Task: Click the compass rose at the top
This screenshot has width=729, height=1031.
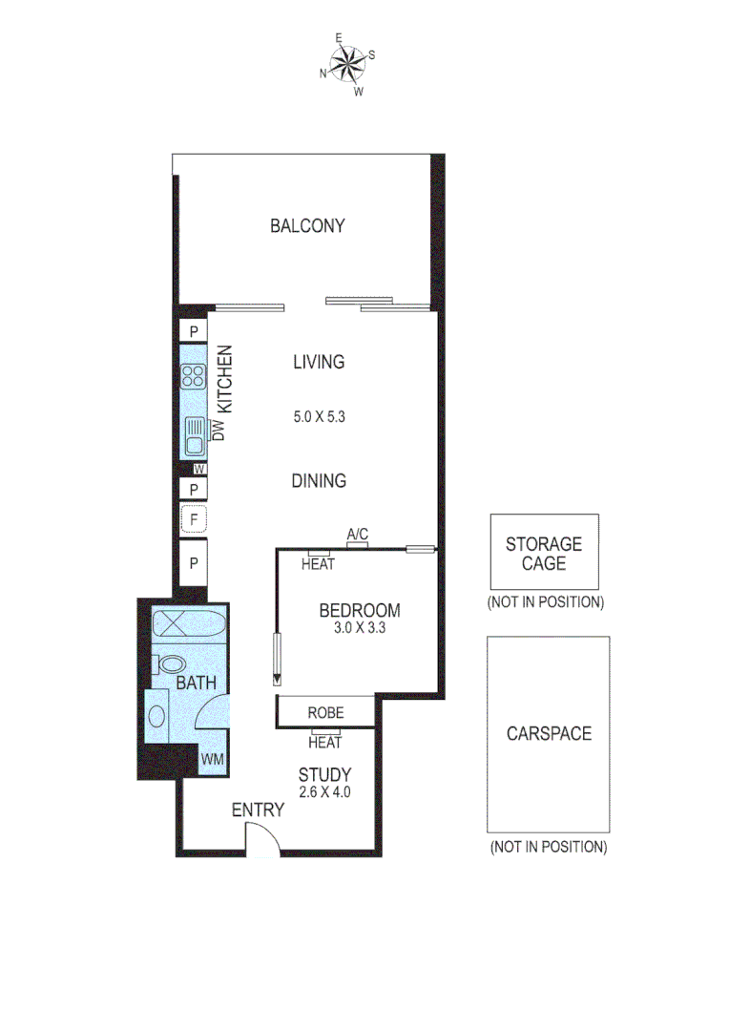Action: (347, 65)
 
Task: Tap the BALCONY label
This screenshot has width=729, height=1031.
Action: (307, 226)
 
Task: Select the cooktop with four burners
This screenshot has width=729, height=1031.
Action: (194, 376)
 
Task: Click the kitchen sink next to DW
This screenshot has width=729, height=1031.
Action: (194, 438)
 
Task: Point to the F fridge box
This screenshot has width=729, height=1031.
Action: (194, 520)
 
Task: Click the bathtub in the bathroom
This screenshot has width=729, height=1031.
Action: (188, 625)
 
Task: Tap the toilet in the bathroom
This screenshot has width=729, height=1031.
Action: (171, 663)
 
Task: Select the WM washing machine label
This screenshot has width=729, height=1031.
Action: (211, 760)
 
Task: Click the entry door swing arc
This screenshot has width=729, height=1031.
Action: (261, 837)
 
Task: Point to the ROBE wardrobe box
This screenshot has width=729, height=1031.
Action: (325, 713)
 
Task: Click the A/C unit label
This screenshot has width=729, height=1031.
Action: (358, 535)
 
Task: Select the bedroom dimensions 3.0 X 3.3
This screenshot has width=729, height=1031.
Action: (360, 628)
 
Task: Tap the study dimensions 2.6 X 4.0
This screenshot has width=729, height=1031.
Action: (324, 790)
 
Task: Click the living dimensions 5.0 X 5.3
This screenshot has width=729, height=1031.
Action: (319, 417)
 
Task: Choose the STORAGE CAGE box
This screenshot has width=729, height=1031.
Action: (544, 553)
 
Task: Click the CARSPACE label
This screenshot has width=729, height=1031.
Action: (549, 733)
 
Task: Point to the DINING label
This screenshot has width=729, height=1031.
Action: (319, 481)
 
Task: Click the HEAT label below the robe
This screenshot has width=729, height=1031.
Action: (325, 742)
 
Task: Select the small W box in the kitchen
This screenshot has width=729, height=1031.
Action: (198, 469)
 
